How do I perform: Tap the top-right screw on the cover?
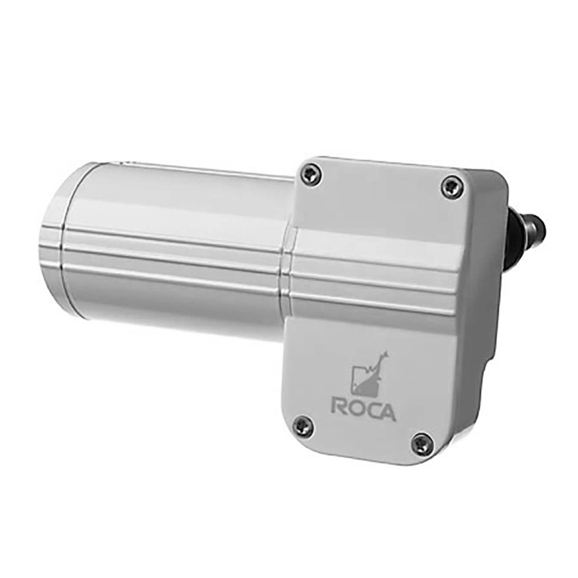(452, 187)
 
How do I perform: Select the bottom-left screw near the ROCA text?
(302, 425)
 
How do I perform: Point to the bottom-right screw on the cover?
(421, 444)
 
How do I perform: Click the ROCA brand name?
(363, 409)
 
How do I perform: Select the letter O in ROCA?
(356, 409)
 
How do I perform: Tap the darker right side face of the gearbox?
(482, 321)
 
